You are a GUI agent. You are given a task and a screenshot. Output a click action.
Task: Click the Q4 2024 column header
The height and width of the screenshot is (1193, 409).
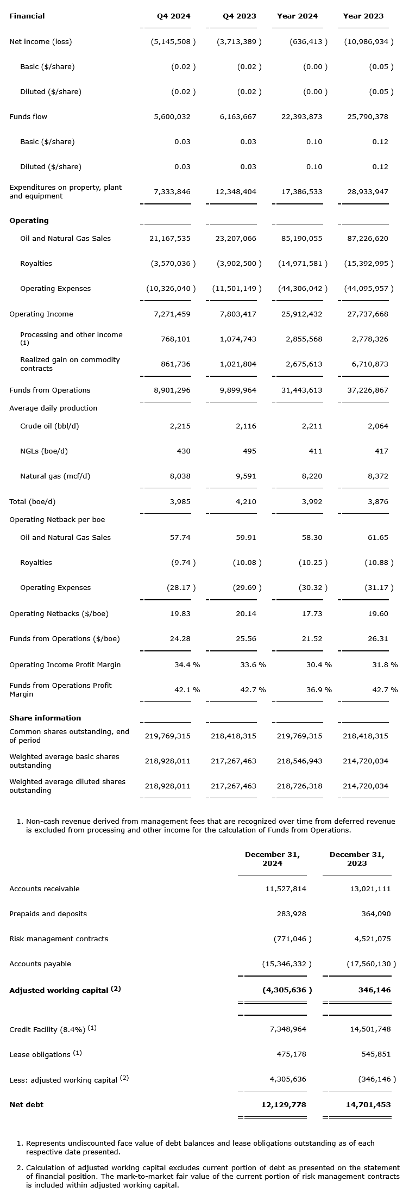174,16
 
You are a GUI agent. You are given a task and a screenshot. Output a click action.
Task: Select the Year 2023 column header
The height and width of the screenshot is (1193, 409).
363,16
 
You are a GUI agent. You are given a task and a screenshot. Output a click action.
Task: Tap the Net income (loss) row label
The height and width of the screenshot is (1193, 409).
41,42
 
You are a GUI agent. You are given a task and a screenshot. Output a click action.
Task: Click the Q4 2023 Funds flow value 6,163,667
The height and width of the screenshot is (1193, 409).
238,117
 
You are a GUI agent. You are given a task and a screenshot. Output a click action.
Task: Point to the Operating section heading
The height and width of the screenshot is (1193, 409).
29,221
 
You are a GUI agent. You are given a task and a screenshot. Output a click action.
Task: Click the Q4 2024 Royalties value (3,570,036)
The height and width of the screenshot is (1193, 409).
173,264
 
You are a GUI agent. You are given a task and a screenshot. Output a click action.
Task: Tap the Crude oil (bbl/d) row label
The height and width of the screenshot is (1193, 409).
49,426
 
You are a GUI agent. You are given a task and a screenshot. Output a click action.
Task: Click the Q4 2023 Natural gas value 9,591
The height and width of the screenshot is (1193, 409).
246,476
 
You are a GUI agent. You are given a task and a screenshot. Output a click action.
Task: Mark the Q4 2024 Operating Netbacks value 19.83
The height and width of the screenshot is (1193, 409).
180,614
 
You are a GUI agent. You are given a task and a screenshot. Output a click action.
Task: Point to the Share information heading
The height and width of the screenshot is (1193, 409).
45,718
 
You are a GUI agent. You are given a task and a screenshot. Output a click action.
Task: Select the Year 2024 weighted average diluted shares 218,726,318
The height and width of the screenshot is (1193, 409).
300,786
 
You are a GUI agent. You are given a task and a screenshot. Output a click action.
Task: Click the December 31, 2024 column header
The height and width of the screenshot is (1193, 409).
272,859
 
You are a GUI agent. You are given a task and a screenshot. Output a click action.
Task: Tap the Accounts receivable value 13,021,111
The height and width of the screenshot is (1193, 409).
368,889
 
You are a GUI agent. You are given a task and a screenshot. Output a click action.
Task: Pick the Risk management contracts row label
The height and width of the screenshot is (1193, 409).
59,939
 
